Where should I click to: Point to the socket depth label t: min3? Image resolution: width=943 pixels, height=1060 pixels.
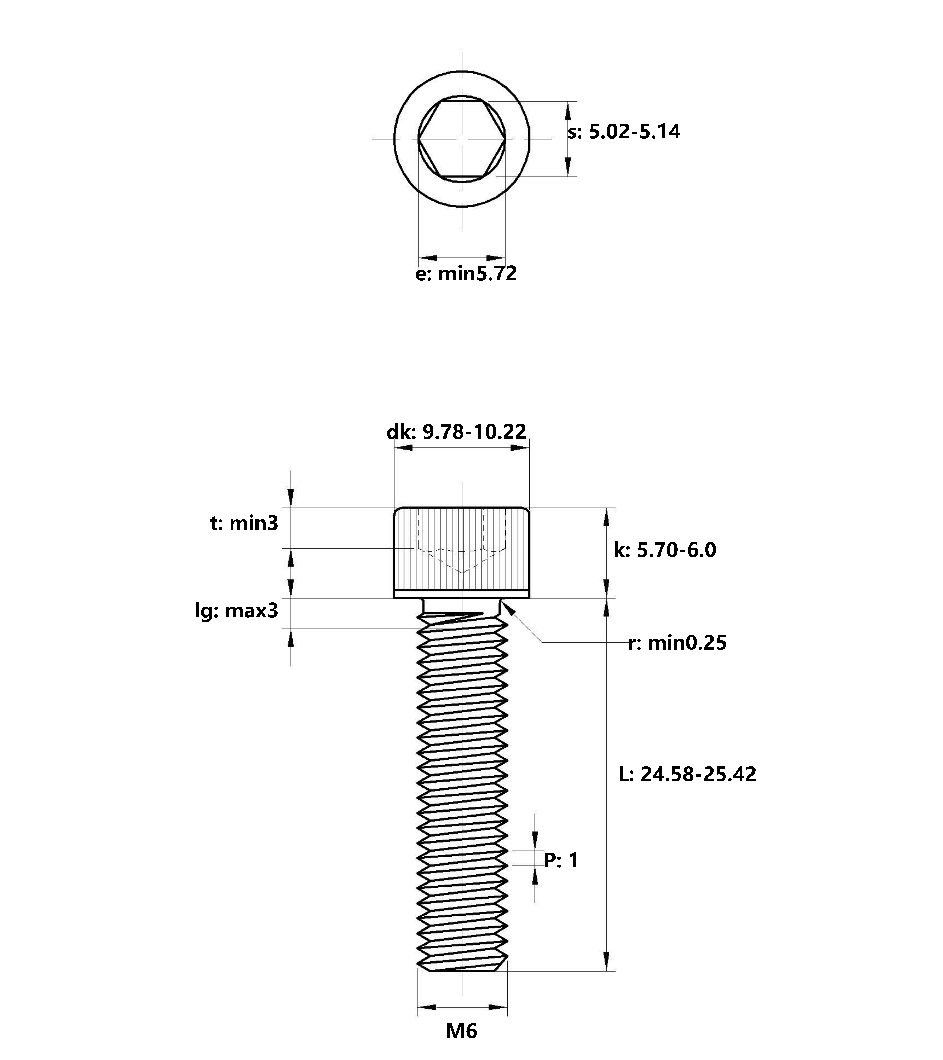(x=244, y=523)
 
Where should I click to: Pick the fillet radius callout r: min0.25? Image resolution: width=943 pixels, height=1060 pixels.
(x=677, y=643)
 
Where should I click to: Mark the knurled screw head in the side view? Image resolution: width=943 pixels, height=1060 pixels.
(x=462, y=552)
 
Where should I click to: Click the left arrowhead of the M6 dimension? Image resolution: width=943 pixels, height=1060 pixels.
(x=426, y=1007)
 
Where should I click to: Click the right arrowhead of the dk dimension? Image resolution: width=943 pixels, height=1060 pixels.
(x=520, y=447)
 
